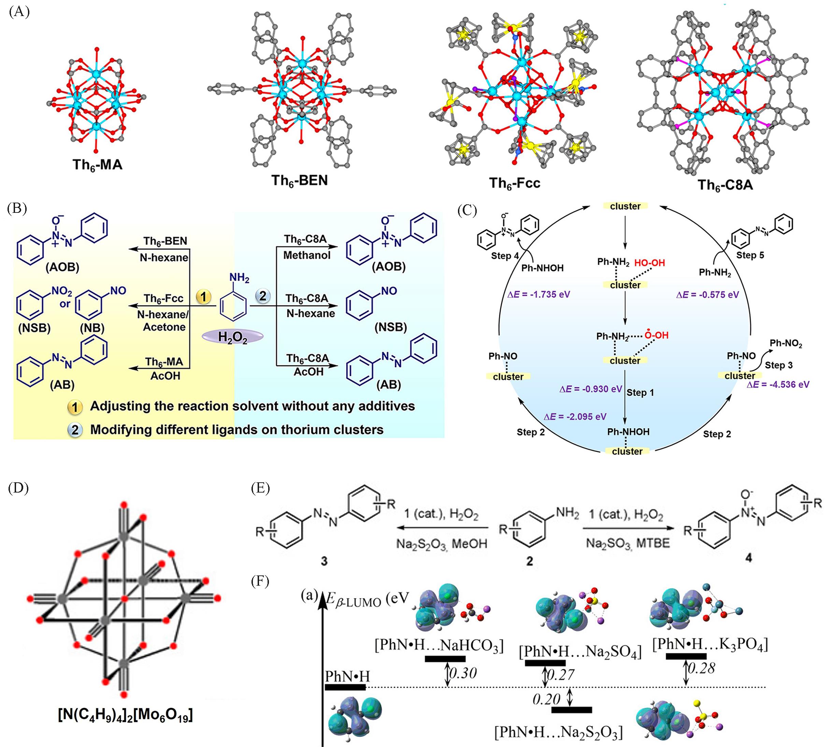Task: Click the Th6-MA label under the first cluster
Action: pos(97,165)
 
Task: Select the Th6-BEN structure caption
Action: pos(299,180)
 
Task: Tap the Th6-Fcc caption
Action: pos(514,183)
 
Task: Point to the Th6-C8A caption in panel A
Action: pos(726,185)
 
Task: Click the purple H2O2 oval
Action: pos(232,337)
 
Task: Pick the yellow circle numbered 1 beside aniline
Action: pos(204,296)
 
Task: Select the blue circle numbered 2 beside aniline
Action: pos(263,296)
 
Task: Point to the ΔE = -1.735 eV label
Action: pos(538,294)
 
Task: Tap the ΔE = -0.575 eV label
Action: pos(707,294)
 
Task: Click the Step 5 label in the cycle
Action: pos(750,255)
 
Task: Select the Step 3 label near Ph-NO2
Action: pos(779,365)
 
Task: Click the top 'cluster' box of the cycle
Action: pos(625,206)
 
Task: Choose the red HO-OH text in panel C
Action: pos(649,263)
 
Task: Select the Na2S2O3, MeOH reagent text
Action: pos(441,543)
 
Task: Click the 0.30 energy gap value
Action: pos(463,673)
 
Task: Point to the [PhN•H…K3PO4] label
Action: pos(710,644)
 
